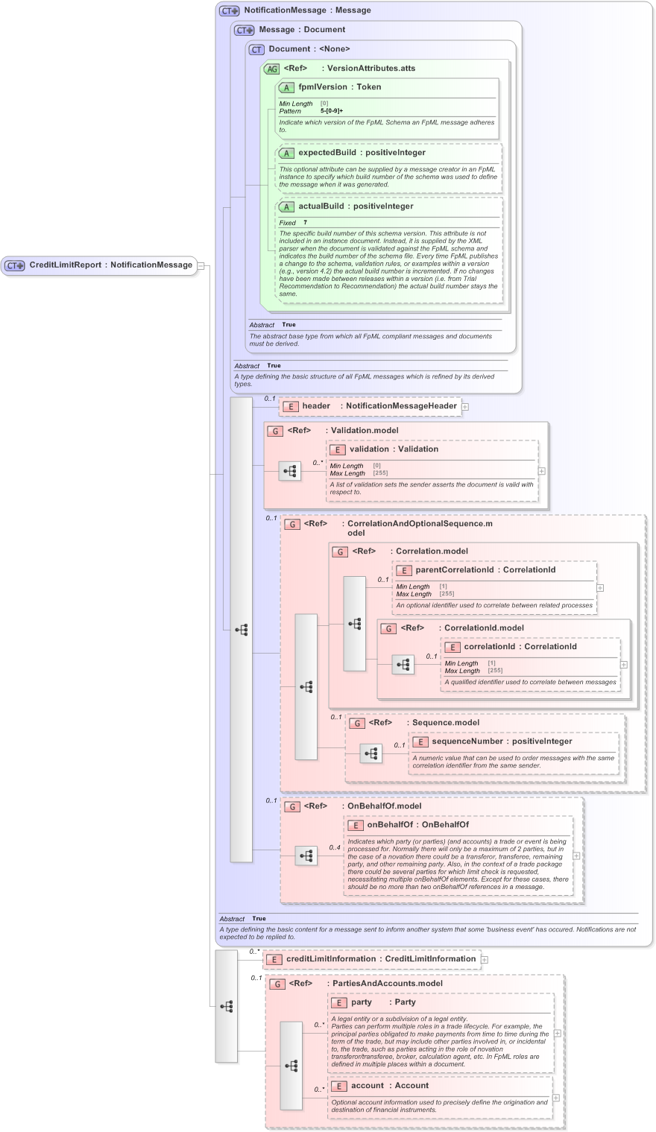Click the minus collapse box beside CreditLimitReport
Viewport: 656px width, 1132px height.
pos(201,266)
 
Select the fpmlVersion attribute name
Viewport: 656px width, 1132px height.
pos(323,87)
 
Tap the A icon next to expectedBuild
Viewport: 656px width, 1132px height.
pos(286,154)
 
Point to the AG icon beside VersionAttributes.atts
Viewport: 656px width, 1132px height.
pos(271,69)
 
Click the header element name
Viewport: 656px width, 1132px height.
pos(316,406)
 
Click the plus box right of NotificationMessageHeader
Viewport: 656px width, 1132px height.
pos(465,407)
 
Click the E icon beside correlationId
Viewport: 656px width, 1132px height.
pos(452,648)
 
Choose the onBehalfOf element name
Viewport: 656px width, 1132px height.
pos(389,825)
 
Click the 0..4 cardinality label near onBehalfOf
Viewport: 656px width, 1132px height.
pos(335,847)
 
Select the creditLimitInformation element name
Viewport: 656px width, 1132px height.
pos(332,959)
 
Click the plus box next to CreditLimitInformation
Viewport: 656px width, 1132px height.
pos(485,960)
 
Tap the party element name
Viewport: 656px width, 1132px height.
pos(362,1002)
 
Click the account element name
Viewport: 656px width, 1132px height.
pos(368,1086)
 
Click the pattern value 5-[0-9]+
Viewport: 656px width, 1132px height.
pos(332,111)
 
